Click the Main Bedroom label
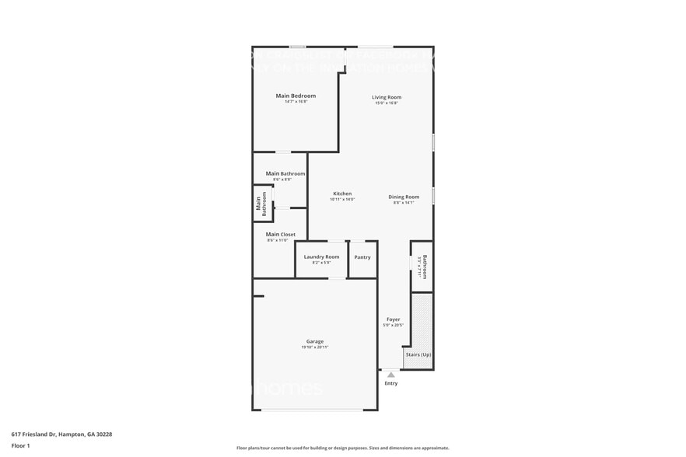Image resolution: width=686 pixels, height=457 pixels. click(296, 96)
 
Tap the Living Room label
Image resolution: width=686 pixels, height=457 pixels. click(386, 97)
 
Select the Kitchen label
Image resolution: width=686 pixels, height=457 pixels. click(342, 194)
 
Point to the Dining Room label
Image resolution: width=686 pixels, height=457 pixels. click(404, 197)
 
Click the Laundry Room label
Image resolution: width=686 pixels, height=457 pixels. click(321, 256)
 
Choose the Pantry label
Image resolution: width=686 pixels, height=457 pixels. click(362, 257)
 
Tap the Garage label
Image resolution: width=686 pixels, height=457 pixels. click(314, 341)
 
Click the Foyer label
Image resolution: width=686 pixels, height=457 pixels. click(394, 319)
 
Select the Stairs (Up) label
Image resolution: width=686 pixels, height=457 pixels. click(418, 355)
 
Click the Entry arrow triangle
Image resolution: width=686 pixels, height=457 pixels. click(391, 375)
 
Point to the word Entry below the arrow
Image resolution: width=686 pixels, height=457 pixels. click(391, 383)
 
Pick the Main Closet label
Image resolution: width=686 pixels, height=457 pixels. click(281, 234)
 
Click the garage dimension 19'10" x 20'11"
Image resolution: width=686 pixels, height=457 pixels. click(314, 347)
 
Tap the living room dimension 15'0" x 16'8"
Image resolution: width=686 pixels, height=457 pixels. click(386, 103)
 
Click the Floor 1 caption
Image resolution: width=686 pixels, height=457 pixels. click(21, 445)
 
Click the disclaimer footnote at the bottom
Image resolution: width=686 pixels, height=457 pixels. click(342, 448)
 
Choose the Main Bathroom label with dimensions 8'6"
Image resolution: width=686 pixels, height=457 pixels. click(285, 174)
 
